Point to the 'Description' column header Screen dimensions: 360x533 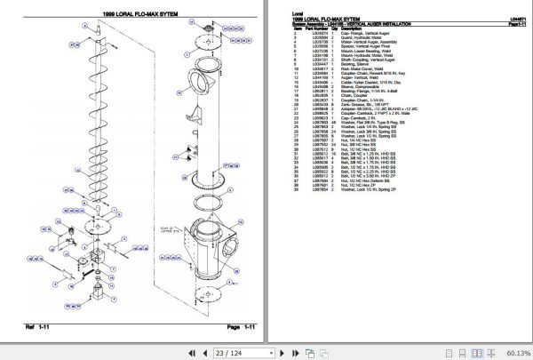(x=346, y=28)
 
